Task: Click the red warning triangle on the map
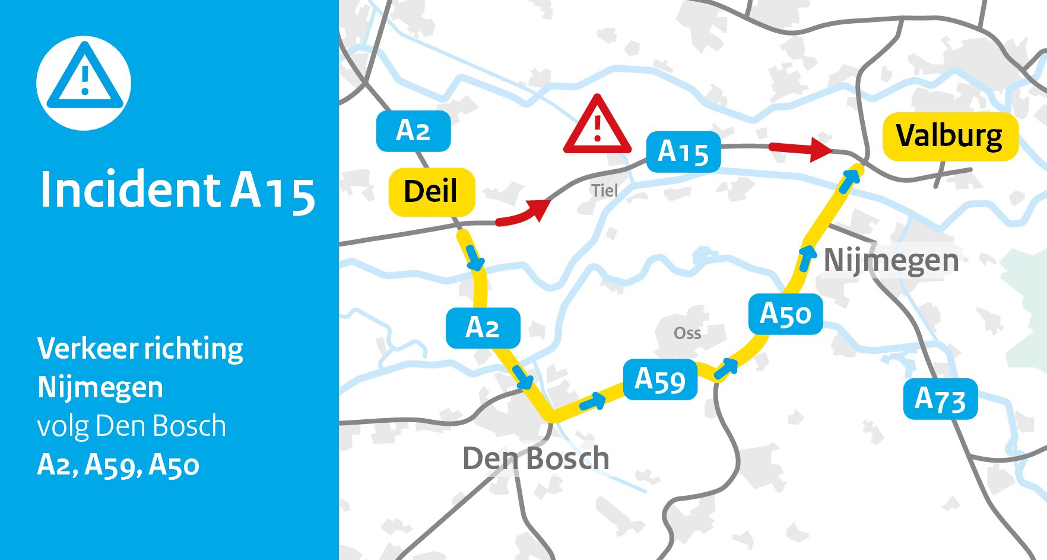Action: click(597, 126)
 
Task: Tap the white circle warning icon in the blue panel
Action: click(84, 83)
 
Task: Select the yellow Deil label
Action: click(432, 192)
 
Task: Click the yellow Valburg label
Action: click(950, 136)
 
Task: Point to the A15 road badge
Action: click(683, 152)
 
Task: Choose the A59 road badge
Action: click(660, 379)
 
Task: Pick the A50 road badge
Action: click(785, 314)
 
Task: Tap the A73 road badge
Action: click(940, 399)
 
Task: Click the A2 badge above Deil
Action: click(413, 131)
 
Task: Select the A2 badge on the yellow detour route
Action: click(483, 328)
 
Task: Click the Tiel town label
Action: click(604, 191)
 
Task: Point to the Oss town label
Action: click(687, 333)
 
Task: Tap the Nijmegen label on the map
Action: click(891, 260)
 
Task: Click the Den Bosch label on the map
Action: click(535, 458)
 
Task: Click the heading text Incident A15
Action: click(176, 191)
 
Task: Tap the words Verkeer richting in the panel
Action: click(140, 349)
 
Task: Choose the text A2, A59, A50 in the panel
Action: click(118, 465)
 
